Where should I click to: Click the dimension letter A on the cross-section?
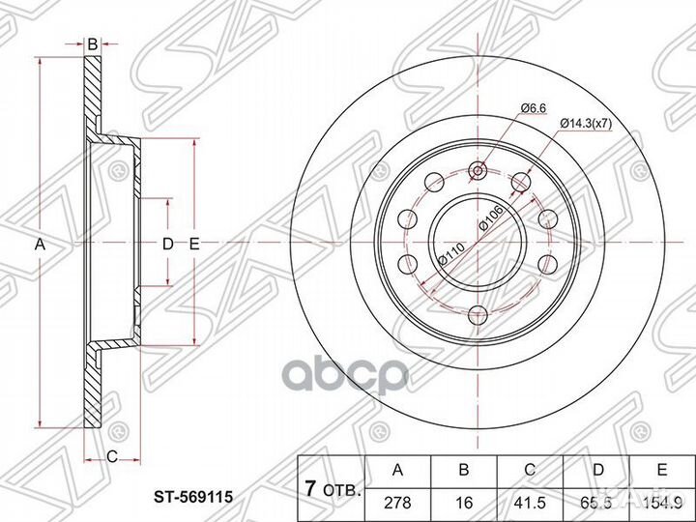pyautogui.click(x=40, y=245)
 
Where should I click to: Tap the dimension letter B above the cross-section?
pyautogui.click(x=92, y=44)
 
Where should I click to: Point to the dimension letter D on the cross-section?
pyautogui.click(x=167, y=245)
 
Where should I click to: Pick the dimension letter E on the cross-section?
pyautogui.click(x=193, y=245)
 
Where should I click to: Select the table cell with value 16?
pyautogui.click(x=463, y=503)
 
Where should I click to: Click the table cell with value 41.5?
pyautogui.click(x=528, y=503)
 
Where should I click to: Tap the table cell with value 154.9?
pyautogui.click(x=660, y=503)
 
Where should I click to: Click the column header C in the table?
pyautogui.click(x=528, y=470)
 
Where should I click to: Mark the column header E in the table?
pyautogui.click(x=660, y=470)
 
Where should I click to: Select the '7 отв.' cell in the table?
pyautogui.click(x=328, y=486)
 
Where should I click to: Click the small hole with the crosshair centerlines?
pyautogui.click(x=478, y=172)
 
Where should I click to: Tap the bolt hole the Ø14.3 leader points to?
pyautogui.click(x=522, y=183)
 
